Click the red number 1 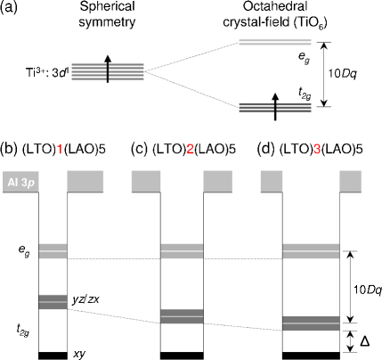click(60, 150)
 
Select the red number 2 click(190, 150)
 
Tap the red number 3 click(316, 150)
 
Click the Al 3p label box click(20, 182)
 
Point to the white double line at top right click(274, 42)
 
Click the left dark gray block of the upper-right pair click(256, 108)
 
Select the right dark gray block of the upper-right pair click(294, 108)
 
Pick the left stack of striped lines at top click(88, 72)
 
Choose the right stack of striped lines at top click(126, 72)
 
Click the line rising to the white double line click(191, 56)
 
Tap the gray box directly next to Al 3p click(85, 181)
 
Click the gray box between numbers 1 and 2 click(146, 181)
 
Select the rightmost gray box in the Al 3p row click(350, 181)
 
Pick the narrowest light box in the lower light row click(53, 251)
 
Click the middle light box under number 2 click(182, 251)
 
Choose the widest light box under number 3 click(311, 251)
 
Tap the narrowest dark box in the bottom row click(53, 302)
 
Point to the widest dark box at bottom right click(311, 323)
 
